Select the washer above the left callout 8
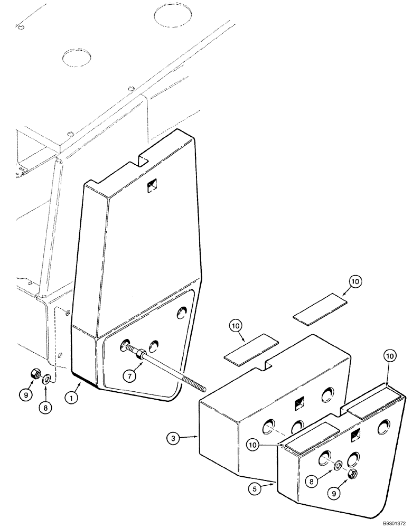pyautogui.click(x=46, y=378)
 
